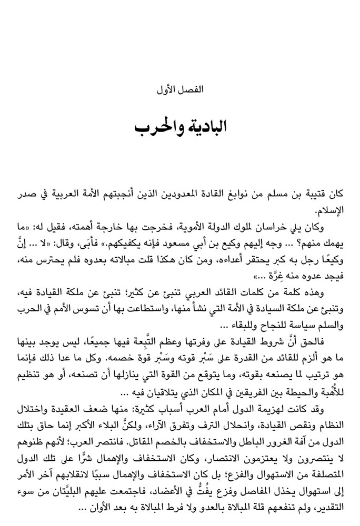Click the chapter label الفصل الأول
[179, 89]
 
